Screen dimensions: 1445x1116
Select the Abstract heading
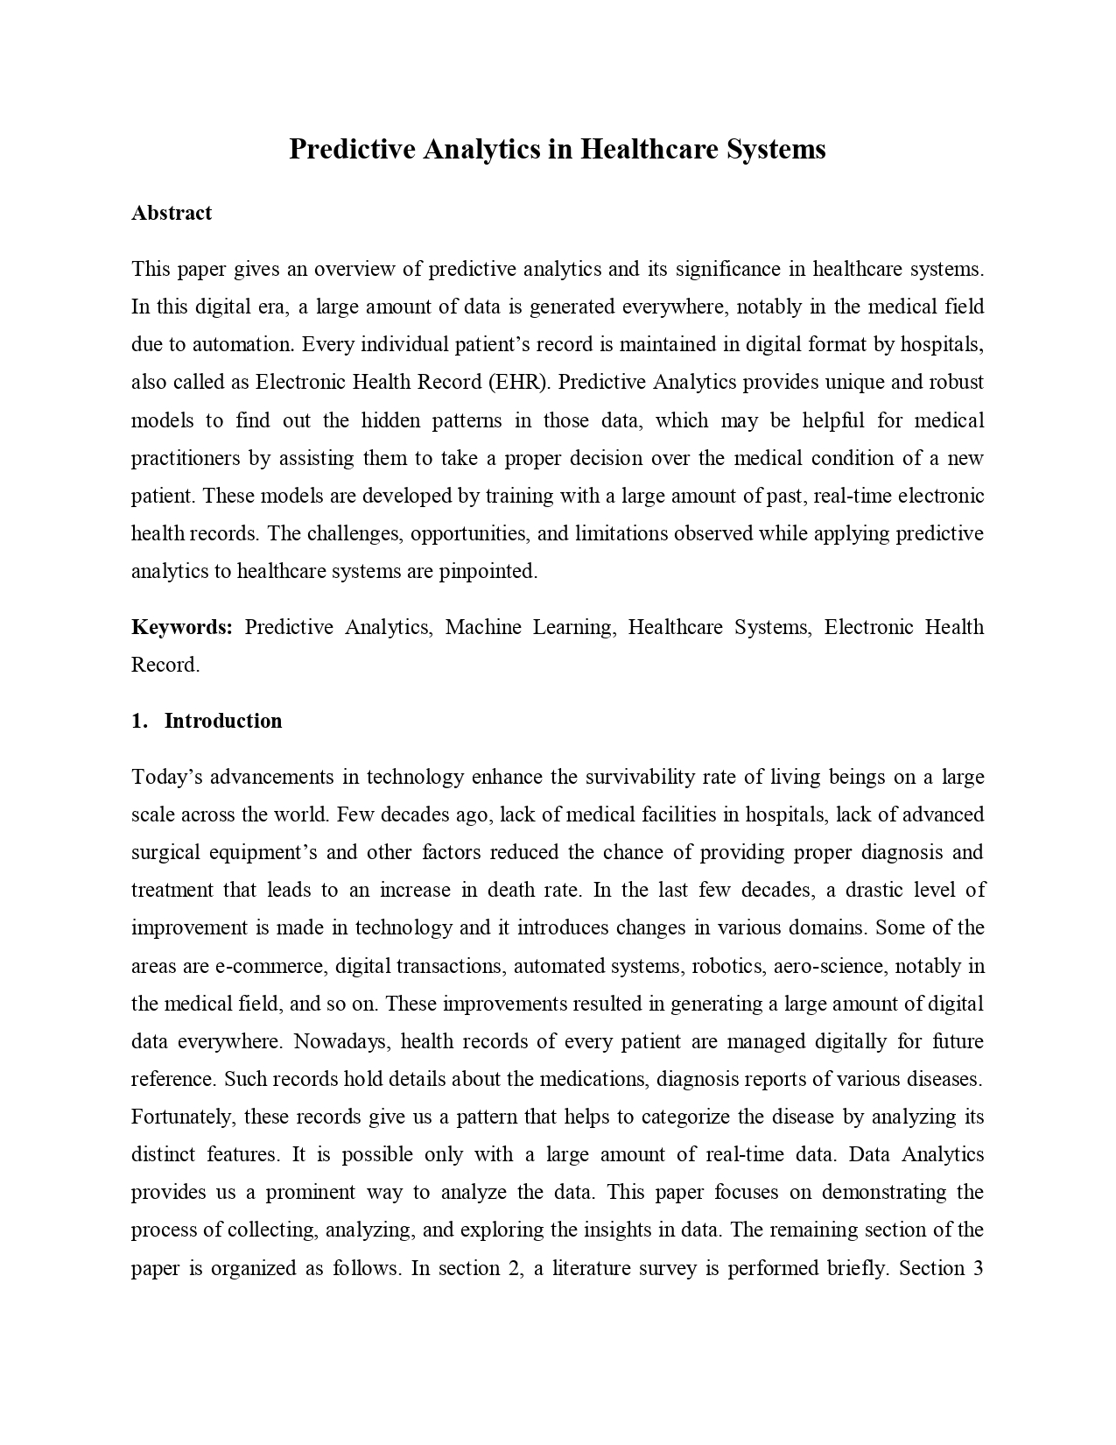point(172,214)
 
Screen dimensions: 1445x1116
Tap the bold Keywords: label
point(182,627)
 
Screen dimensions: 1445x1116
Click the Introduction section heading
point(223,721)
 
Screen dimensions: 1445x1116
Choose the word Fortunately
point(182,1117)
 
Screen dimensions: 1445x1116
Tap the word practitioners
point(186,459)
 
